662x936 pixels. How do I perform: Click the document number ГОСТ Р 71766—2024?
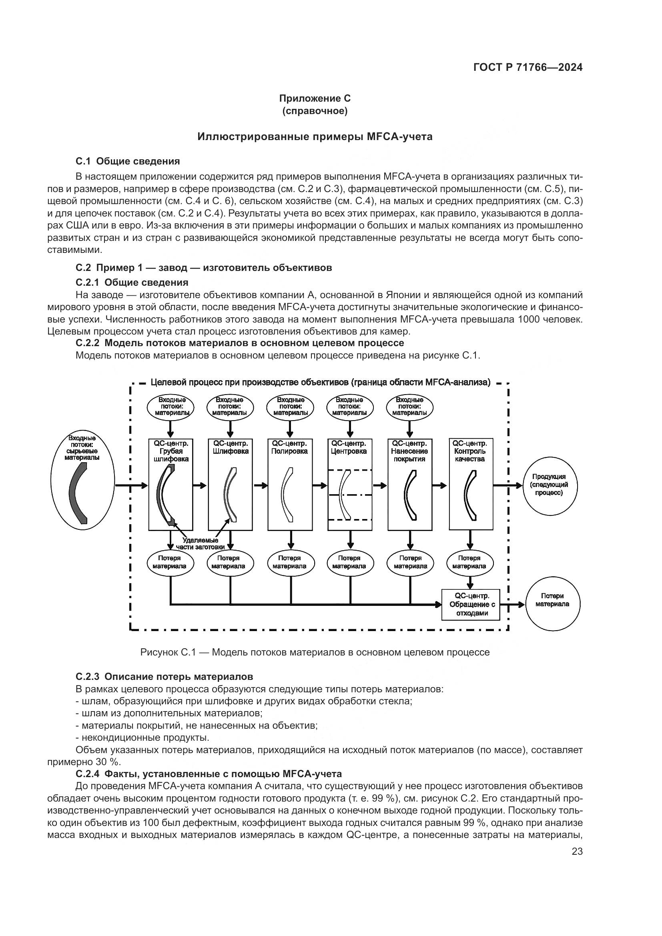[x=528, y=68]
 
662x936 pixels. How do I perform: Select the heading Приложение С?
[x=315, y=98]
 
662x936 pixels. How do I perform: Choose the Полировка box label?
[x=289, y=447]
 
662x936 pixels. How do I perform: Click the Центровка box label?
[x=349, y=447]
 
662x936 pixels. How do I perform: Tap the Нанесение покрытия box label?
[x=409, y=451]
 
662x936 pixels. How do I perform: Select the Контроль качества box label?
[x=469, y=451]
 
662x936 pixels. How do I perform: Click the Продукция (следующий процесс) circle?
[x=550, y=485]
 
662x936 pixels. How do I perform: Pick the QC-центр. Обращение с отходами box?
[x=471, y=605]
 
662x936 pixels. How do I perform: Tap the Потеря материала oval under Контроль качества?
[x=469, y=562]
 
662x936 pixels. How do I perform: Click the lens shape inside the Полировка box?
[x=287, y=495]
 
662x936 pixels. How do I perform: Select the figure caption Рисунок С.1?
[x=315, y=652]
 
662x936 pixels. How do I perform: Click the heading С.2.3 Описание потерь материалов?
[x=164, y=677]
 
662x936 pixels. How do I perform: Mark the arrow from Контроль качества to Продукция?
[x=508, y=485]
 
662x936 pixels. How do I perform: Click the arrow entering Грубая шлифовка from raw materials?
[x=132, y=485]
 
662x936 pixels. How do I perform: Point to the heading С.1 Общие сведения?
[x=128, y=161]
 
